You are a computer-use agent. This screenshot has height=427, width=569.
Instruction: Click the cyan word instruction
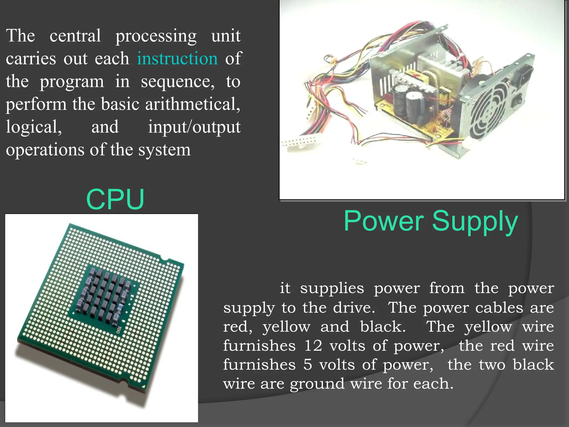(177, 59)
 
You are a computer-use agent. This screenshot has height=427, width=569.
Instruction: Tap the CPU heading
(115, 199)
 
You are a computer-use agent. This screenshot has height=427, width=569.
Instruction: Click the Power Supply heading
(431, 221)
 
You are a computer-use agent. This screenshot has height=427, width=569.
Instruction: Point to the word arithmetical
(192, 104)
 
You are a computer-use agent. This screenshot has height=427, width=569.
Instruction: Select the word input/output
(194, 127)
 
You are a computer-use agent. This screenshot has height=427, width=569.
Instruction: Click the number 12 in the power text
(313, 346)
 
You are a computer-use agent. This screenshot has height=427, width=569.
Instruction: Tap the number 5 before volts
(308, 365)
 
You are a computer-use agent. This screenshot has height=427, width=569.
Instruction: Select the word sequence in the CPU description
(178, 82)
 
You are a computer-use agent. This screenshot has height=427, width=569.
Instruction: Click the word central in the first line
(75, 36)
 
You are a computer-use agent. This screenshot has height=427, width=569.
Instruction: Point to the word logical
(34, 127)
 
